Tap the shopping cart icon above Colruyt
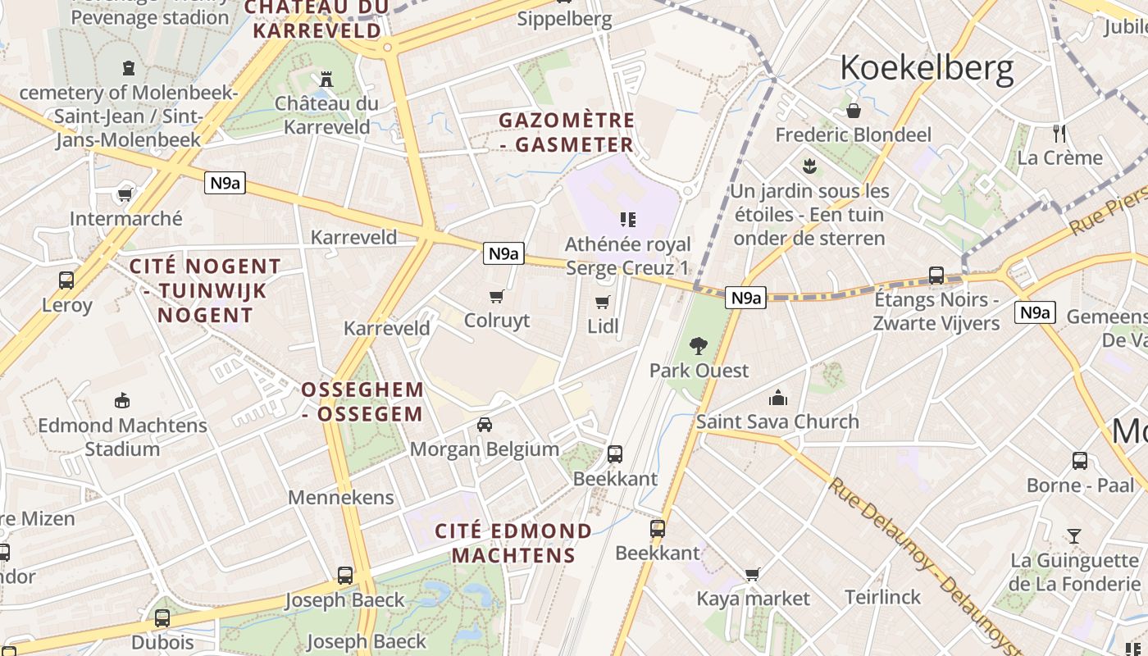[x=496, y=296]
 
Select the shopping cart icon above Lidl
[x=603, y=302]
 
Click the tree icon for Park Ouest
[x=699, y=346]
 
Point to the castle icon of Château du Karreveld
[x=326, y=80]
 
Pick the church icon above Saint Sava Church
[x=777, y=399]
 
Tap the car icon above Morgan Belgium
[x=485, y=424]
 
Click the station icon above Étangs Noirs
[x=936, y=276]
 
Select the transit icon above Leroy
[x=66, y=280]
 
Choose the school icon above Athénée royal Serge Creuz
[x=628, y=220]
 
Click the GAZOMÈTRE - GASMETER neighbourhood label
[x=567, y=132]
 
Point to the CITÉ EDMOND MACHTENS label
[x=513, y=543]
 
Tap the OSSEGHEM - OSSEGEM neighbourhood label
[x=362, y=401]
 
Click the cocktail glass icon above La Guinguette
[x=1074, y=536]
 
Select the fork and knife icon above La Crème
[x=1059, y=133]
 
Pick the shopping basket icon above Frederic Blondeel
[x=853, y=110]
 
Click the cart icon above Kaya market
[x=752, y=574]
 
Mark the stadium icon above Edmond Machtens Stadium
[x=122, y=401]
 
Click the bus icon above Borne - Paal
[x=1080, y=461]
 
